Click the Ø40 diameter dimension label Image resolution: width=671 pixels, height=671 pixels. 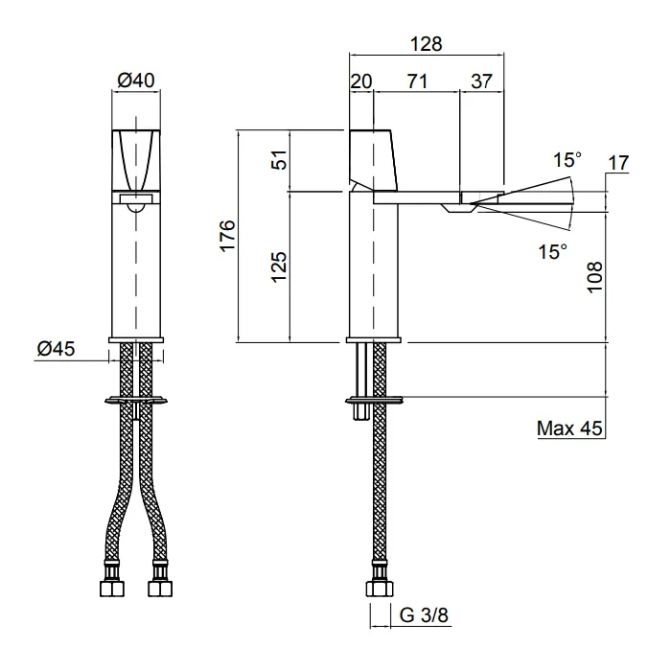[136, 80]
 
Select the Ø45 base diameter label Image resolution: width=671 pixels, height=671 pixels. [56, 348]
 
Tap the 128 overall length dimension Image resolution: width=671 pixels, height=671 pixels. [426, 44]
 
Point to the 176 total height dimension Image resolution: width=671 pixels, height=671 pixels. [228, 236]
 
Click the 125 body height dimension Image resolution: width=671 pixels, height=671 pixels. [279, 266]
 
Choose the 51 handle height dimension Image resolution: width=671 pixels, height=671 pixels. [279, 160]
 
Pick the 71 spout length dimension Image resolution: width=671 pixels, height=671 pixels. [417, 81]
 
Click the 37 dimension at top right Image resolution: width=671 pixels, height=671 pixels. [482, 81]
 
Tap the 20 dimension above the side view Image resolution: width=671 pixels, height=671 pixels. [361, 81]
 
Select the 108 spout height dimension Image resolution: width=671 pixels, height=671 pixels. [595, 277]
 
